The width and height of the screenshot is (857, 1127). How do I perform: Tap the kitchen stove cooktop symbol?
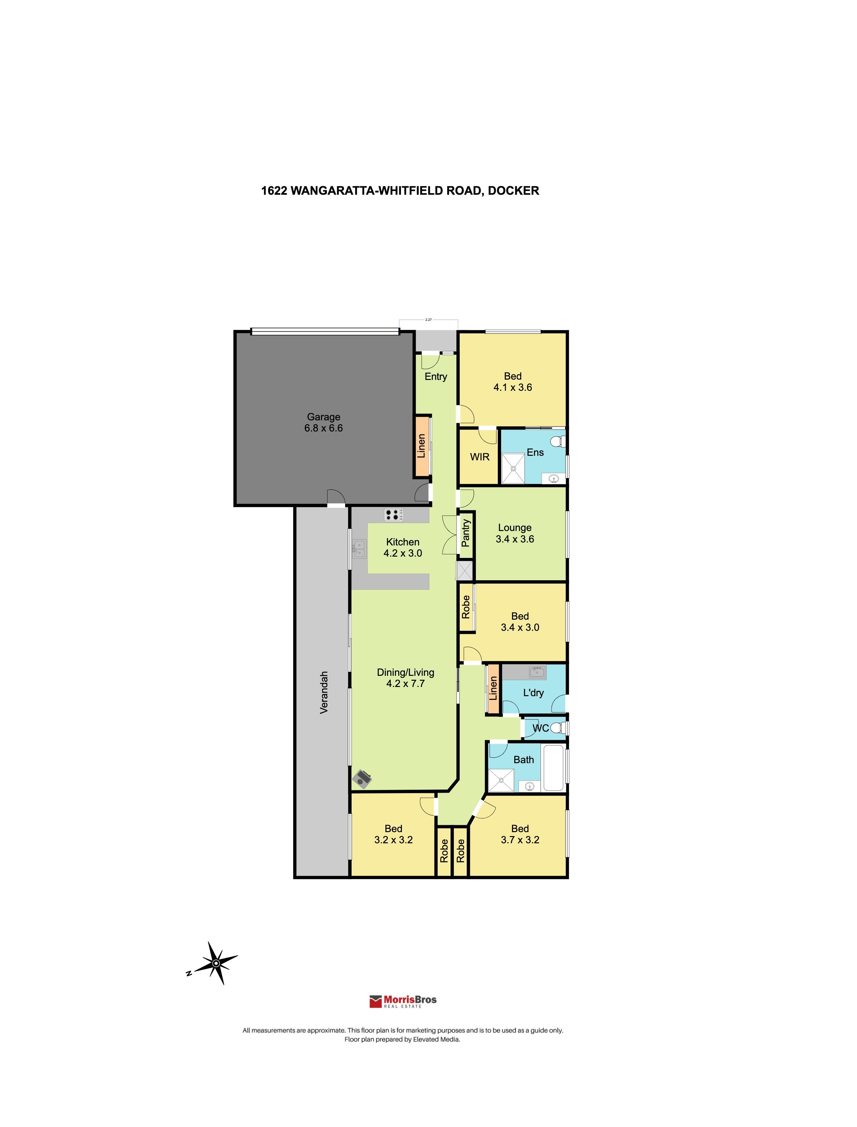pyautogui.click(x=393, y=515)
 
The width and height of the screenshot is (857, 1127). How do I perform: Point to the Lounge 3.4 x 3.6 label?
pyautogui.click(x=515, y=533)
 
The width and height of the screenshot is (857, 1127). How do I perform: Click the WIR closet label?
pyautogui.click(x=479, y=457)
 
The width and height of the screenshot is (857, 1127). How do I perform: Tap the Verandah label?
pyautogui.click(x=323, y=692)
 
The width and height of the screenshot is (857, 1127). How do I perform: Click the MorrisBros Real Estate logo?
pyautogui.click(x=403, y=1001)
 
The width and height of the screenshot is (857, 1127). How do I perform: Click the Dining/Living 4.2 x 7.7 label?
pyautogui.click(x=405, y=678)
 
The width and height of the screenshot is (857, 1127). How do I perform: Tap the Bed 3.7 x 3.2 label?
pyautogui.click(x=520, y=834)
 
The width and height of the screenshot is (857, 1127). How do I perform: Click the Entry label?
pyautogui.click(x=436, y=377)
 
